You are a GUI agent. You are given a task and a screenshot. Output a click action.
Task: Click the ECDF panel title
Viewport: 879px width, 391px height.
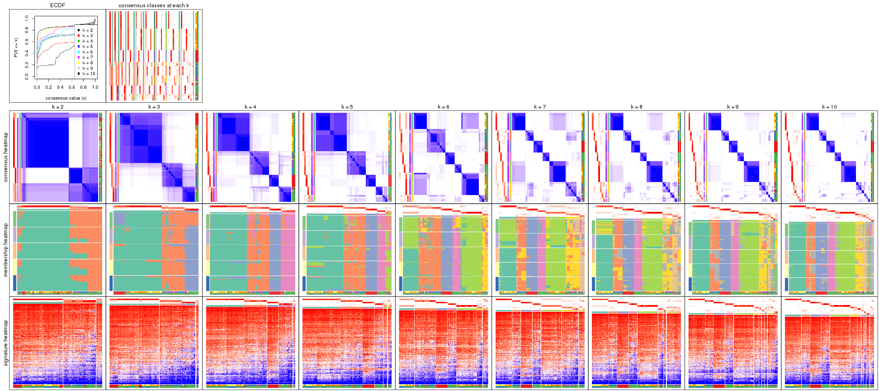coord(57,5)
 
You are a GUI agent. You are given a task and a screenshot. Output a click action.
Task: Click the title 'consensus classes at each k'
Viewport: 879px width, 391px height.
coord(154,5)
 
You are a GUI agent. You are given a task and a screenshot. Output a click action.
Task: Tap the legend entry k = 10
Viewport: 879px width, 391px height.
coord(88,74)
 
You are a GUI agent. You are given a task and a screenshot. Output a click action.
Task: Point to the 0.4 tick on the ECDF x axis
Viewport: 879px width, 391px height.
coord(60,87)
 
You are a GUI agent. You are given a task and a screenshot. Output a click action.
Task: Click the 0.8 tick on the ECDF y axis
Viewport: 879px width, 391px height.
coord(27,30)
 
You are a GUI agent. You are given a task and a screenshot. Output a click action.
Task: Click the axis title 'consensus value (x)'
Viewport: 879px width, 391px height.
coord(66,98)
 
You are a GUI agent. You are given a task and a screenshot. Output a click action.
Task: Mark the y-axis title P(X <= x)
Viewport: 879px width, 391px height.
coord(16,48)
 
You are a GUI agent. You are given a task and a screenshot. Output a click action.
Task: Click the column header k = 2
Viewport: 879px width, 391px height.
coord(57,107)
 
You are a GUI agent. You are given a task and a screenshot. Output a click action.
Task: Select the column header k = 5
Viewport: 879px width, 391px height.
coord(347,107)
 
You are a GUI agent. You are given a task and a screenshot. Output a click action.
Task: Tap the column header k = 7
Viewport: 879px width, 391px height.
coord(540,107)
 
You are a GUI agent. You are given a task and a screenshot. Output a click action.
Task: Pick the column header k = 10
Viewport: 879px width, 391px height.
coord(829,107)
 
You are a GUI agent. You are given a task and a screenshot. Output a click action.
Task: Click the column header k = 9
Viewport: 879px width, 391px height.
coord(733,107)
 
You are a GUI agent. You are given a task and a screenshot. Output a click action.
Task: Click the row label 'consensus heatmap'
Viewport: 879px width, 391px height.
coord(6,157)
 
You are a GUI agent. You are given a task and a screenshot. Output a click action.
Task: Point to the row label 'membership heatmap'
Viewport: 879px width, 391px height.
coord(6,249)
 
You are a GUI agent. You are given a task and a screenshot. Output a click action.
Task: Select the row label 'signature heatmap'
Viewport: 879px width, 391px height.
coord(6,343)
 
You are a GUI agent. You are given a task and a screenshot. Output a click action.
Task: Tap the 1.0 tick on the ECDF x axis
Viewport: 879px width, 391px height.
coord(95,87)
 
